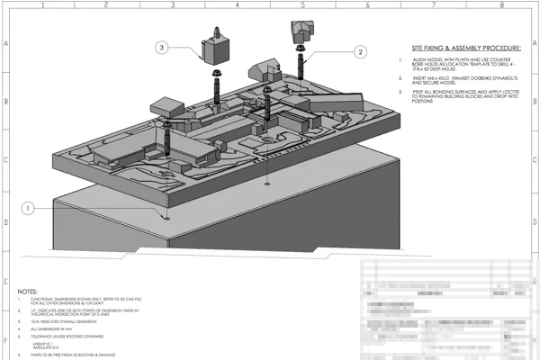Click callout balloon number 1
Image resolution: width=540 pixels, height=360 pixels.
point(29,208)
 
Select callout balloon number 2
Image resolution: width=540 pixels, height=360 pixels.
point(359,53)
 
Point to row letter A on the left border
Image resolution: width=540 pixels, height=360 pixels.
point(4,43)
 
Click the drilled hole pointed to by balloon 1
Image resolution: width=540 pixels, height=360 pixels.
point(167,216)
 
